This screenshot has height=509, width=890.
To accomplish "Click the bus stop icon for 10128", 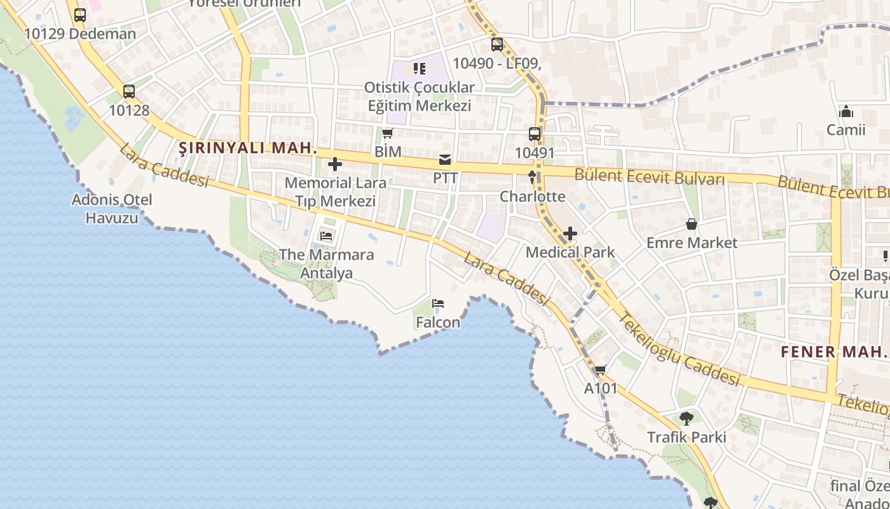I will tap(129, 92).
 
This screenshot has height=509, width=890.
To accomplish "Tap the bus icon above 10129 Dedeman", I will tap(80, 15).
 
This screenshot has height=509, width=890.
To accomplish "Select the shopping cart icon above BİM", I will tap(387, 133).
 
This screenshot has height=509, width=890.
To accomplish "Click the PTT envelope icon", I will tap(445, 159).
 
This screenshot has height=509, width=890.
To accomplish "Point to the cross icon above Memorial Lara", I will tap(335, 165).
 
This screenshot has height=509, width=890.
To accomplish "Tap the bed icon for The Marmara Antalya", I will tap(326, 236).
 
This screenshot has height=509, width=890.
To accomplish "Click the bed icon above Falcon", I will tap(437, 303).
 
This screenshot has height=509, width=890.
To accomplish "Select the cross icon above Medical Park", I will tap(570, 234).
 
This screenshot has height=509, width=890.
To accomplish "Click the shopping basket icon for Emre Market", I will tap(692, 224).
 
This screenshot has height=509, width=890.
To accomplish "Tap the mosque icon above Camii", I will tap(846, 111).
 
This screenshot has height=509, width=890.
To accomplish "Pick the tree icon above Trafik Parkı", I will tap(686, 419).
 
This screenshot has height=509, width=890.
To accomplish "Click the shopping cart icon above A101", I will tap(600, 370).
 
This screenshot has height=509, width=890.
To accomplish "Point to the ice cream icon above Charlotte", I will tap(532, 178).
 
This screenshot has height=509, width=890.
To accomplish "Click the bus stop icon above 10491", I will tap(535, 134).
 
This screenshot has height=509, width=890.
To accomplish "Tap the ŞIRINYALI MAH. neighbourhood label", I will tap(248, 148).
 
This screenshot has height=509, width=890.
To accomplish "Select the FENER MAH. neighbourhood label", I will tap(833, 351).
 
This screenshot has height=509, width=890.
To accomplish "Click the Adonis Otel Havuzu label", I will tap(112, 209).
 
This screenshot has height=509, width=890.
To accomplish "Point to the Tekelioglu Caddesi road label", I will tap(680, 349).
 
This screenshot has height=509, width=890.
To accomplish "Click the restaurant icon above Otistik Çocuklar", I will tap(418, 68).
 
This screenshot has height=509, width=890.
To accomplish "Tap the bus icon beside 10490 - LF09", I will tap(497, 45).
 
